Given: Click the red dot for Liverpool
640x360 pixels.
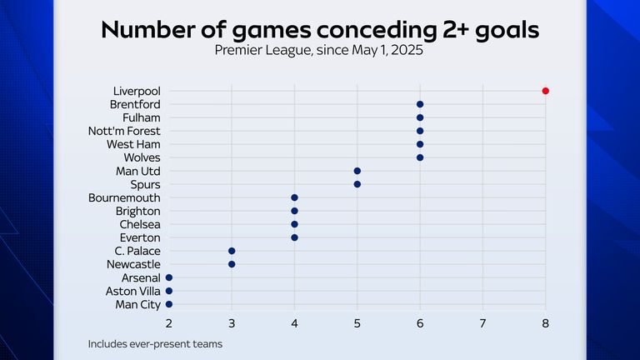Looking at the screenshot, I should point(545,91).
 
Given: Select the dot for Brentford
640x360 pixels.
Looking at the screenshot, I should point(420,104).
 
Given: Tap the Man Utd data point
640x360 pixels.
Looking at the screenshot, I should point(357,171).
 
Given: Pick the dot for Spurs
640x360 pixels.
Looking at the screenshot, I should point(357,184).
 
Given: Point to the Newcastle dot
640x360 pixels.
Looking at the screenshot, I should point(232,264).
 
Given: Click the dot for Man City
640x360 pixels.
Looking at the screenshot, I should point(169,304).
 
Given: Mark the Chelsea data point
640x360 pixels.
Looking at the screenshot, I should point(294,224).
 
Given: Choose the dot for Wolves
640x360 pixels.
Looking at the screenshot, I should point(420,157).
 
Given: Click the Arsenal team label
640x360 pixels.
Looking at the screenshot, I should point(140,277).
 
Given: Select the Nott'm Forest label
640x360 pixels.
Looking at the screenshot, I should point(125,131).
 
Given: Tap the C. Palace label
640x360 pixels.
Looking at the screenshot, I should point(137,251).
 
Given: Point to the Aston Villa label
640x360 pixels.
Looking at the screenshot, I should point(133,291).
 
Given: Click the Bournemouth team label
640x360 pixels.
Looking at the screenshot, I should point(125,197).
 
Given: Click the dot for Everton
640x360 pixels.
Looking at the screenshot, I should point(294,237).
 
